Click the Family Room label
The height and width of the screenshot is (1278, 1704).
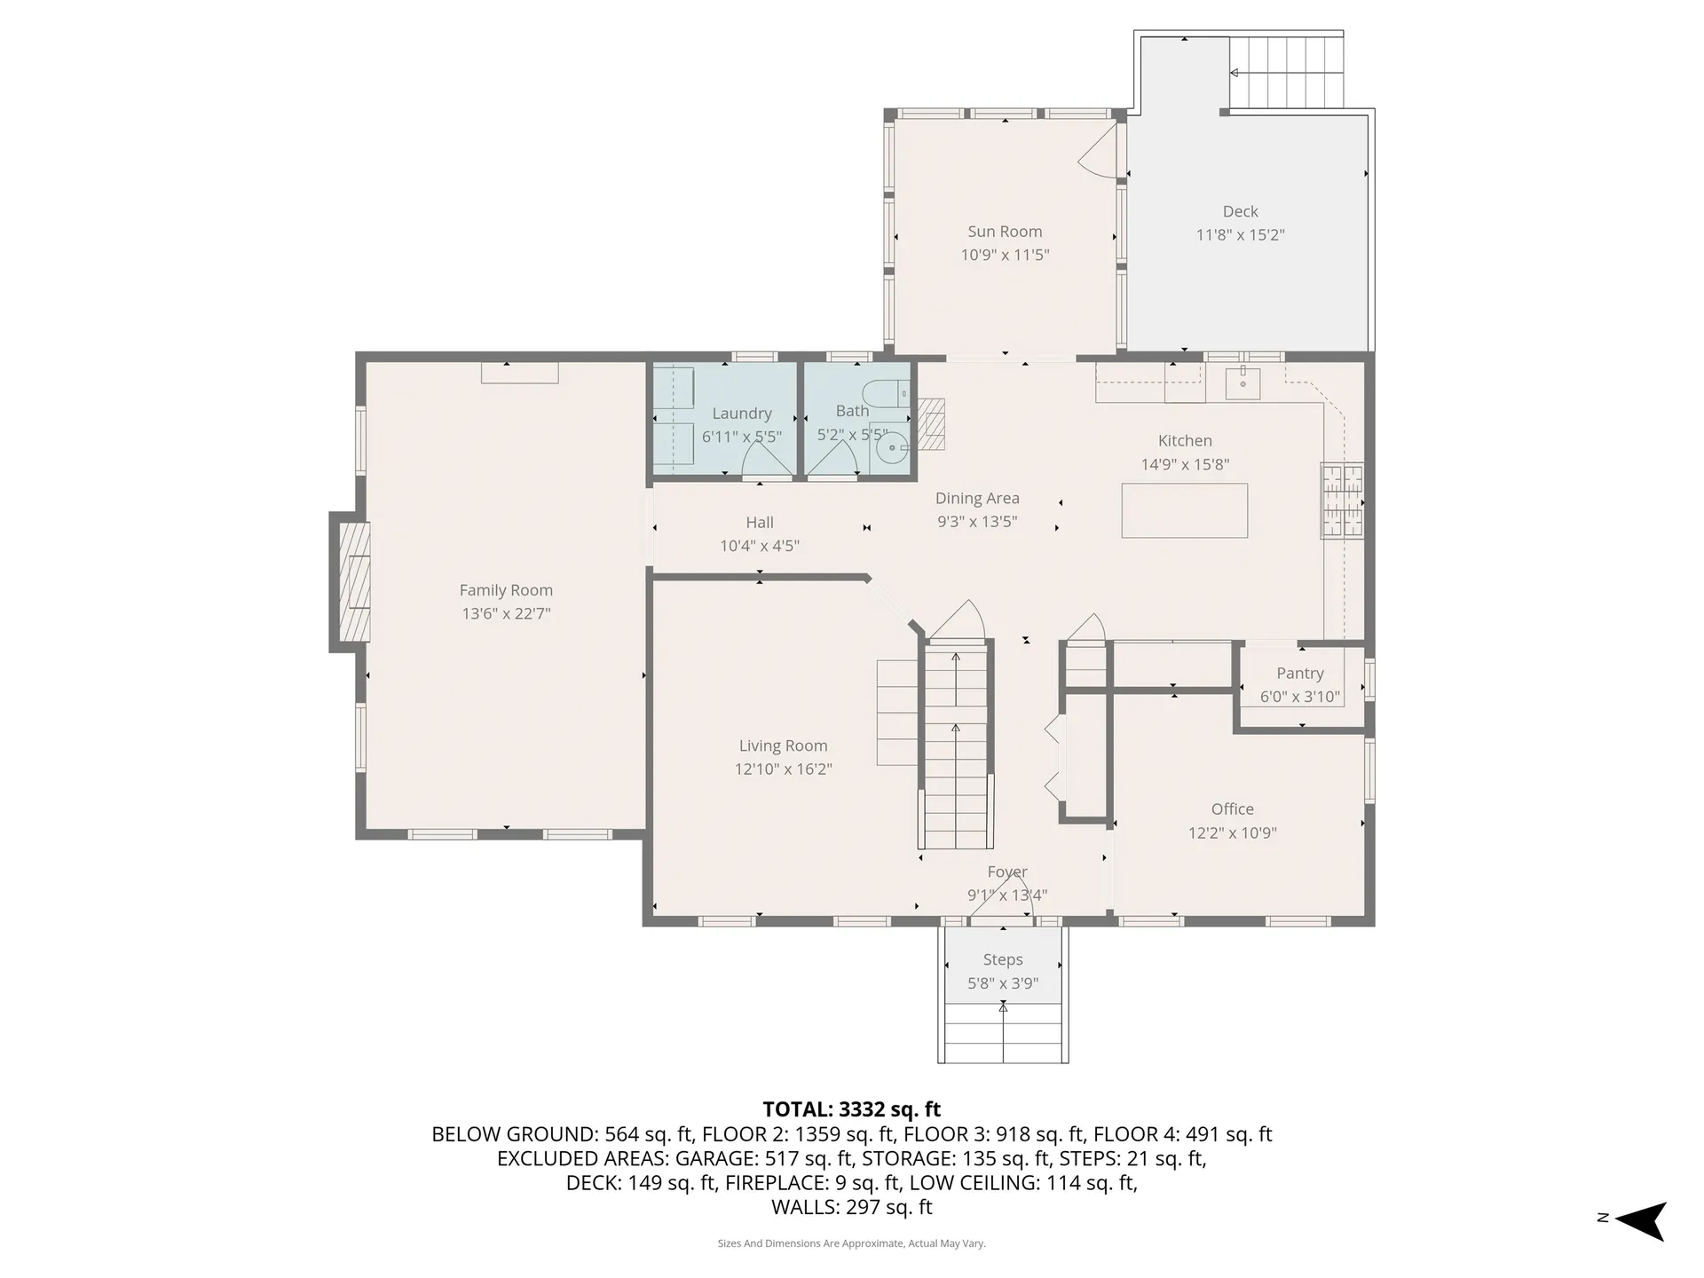[506, 590]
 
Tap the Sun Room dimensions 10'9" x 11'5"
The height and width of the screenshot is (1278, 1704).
[1005, 255]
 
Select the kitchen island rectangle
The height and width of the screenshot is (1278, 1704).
[1184, 510]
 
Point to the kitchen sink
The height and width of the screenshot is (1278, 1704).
[1243, 383]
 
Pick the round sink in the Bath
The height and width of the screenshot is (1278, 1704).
[888, 448]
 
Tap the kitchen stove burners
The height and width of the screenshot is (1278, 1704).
[1342, 501]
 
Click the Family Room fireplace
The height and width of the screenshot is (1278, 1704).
[353, 582]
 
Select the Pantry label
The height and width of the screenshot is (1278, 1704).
[1299, 674]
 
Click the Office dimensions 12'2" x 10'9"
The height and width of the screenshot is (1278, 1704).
[1232, 832]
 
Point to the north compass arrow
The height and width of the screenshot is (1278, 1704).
[1641, 1221]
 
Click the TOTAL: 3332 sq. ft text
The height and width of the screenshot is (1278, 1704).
[851, 1109]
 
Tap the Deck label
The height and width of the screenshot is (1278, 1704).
[1240, 211]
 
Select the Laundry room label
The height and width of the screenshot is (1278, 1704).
[741, 414]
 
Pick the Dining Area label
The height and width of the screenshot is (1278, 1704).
[977, 499]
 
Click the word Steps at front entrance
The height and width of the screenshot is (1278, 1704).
[1003, 960]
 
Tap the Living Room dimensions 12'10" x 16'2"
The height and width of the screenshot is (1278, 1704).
[783, 769]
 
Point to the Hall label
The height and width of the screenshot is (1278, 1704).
[760, 523]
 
